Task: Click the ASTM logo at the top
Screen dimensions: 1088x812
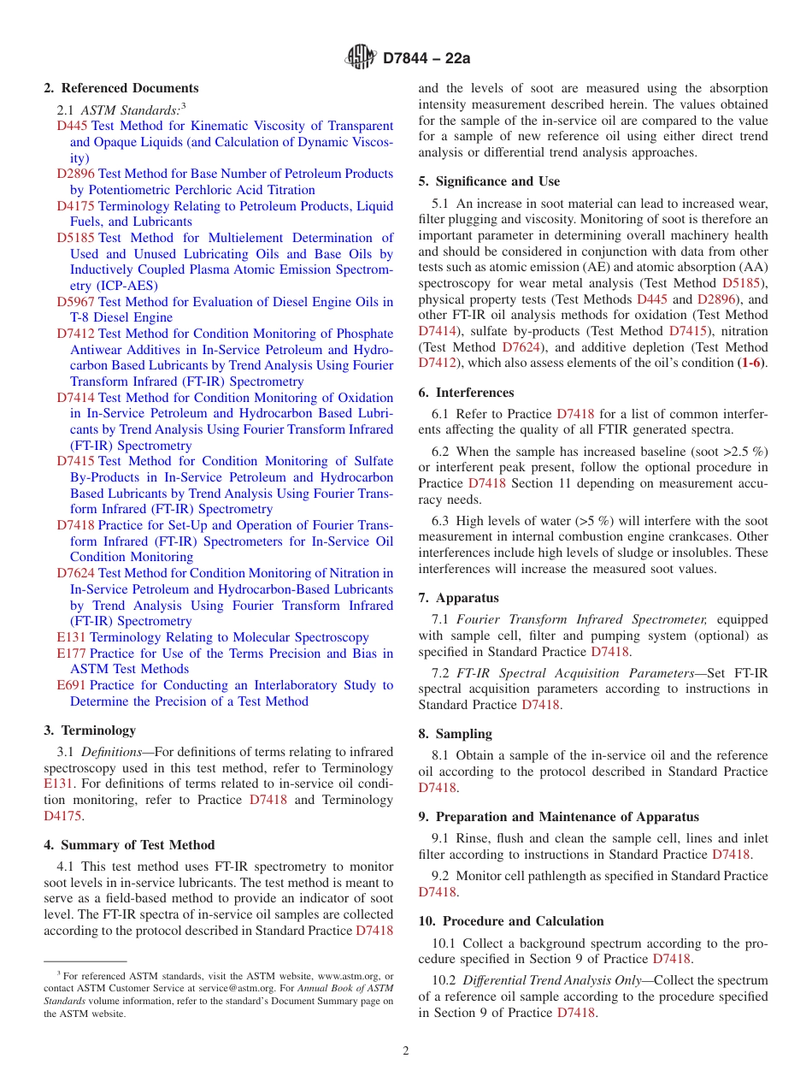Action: (x=360, y=57)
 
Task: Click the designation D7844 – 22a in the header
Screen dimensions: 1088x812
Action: (x=427, y=58)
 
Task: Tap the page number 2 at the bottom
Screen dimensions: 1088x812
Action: (x=406, y=1051)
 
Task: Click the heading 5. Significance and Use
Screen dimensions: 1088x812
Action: (x=489, y=181)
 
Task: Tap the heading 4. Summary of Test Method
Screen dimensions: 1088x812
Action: (x=129, y=845)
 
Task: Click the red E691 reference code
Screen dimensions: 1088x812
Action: (x=71, y=685)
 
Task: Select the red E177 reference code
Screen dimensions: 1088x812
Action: (x=71, y=653)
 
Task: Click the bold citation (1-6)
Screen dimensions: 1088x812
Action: (x=751, y=363)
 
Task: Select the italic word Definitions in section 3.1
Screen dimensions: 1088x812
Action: (x=112, y=752)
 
